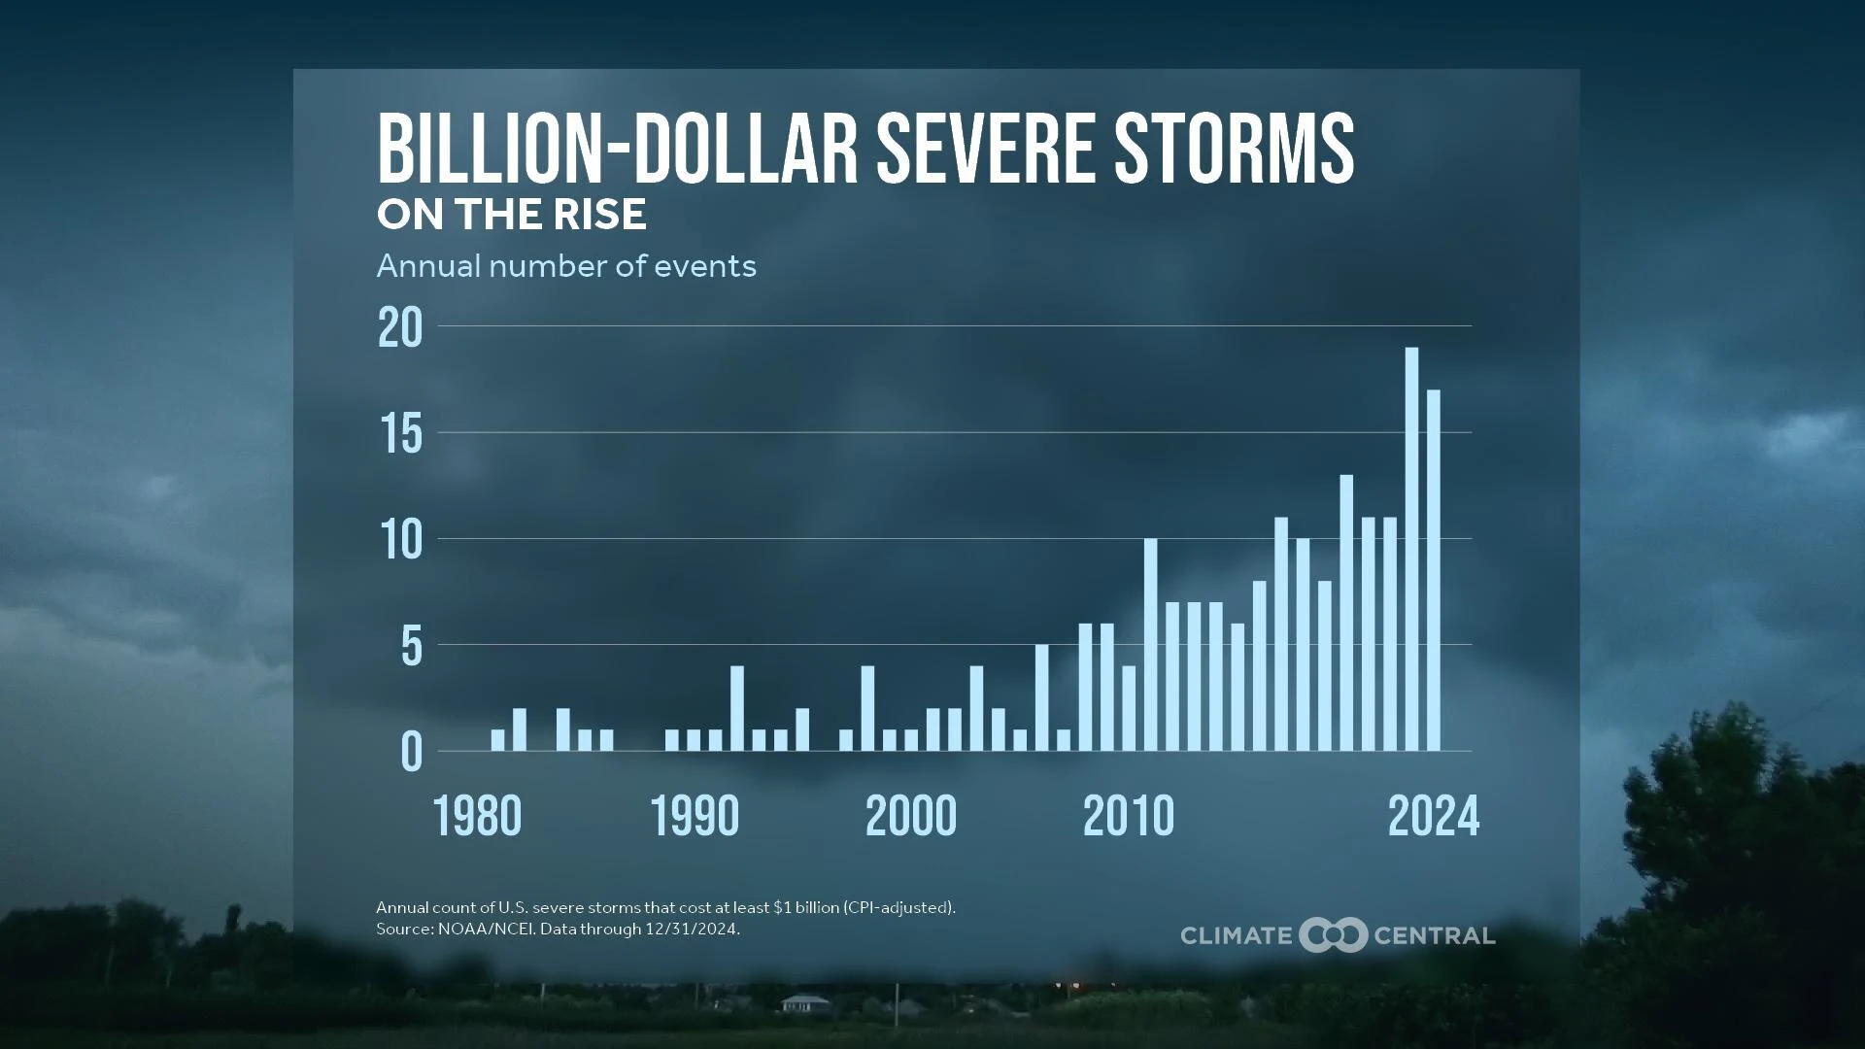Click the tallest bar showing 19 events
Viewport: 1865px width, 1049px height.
click(x=1411, y=549)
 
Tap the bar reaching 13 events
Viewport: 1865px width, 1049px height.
click(x=1346, y=612)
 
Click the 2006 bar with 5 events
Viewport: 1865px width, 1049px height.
click(x=1041, y=696)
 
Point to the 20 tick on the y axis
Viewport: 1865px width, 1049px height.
click(x=400, y=328)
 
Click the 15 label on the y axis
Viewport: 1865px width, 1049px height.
click(x=400, y=434)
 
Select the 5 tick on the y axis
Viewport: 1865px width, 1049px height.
click(x=411, y=647)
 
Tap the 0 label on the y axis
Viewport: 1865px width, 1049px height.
click(x=411, y=753)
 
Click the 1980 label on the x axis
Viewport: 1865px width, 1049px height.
click(x=477, y=816)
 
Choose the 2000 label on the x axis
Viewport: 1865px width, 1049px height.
click(x=910, y=816)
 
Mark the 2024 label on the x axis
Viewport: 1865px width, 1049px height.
click(x=1433, y=816)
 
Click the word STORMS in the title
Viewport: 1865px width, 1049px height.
click(x=1233, y=148)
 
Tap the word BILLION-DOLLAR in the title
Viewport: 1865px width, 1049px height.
click(x=618, y=148)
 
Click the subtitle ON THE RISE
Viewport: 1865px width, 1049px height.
click(x=511, y=215)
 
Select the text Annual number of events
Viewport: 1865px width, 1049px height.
click(x=565, y=266)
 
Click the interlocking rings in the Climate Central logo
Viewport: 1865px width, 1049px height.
click(x=1333, y=935)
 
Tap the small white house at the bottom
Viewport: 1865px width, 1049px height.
click(x=805, y=1003)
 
